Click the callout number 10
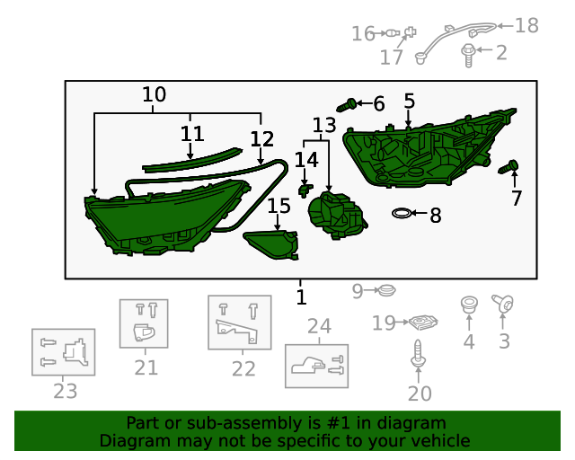[x=154, y=94]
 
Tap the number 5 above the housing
[x=410, y=101]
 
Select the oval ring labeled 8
[x=402, y=213]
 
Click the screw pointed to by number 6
[x=346, y=105]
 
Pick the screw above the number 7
[x=509, y=167]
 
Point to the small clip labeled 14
[x=305, y=190]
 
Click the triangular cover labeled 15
[x=271, y=244]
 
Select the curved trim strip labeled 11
[x=191, y=160]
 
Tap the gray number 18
[x=526, y=26]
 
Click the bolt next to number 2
[x=468, y=55]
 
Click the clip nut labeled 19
[x=423, y=323]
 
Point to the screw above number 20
[x=418, y=353]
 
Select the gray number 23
[x=66, y=391]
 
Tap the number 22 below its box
[x=243, y=368]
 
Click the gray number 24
[x=319, y=326]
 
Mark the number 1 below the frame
[x=301, y=297]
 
